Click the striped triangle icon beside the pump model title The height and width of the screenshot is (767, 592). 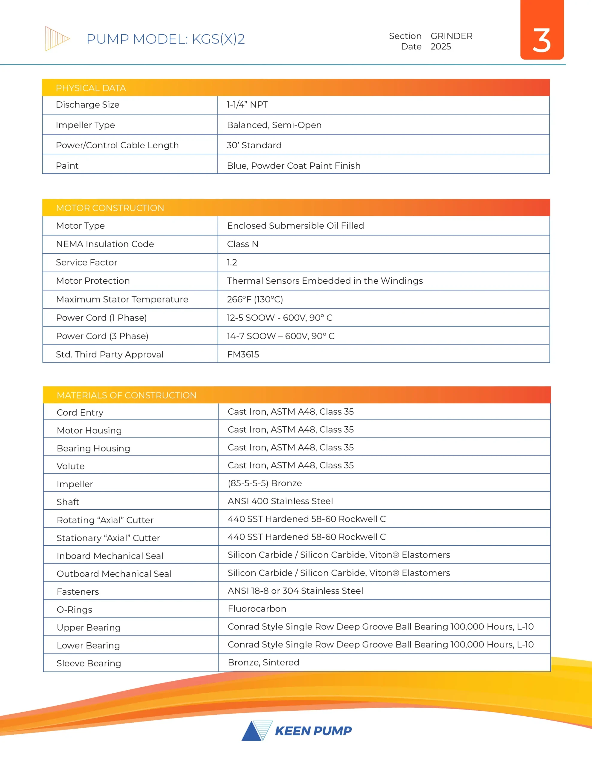point(57,39)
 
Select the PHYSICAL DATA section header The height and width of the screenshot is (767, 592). point(91,88)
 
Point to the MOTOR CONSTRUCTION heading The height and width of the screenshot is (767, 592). point(110,208)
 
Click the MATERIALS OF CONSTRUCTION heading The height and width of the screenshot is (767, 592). point(126,395)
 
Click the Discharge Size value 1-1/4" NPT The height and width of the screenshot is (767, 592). point(247,105)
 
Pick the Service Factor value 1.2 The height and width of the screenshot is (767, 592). point(232,262)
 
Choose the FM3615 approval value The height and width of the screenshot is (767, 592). point(243,354)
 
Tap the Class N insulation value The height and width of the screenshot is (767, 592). point(242,244)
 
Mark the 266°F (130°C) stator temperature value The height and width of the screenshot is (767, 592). point(255,299)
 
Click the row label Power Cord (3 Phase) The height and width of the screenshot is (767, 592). point(102,336)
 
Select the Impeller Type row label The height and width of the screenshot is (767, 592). point(85,125)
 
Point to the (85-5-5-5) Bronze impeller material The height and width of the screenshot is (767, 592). point(265,483)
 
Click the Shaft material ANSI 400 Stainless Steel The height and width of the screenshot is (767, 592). point(280,501)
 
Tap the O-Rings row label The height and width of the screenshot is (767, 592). point(75,610)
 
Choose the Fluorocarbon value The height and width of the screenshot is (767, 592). point(257,609)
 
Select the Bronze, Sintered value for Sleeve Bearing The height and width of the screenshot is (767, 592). point(263,662)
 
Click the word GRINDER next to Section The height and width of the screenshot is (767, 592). point(451,36)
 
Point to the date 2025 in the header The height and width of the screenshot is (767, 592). point(441,47)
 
